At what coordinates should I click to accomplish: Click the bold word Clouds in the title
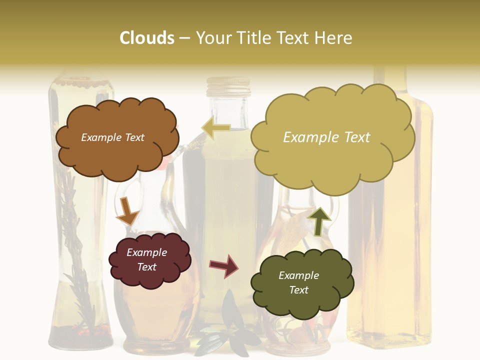coord(147,38)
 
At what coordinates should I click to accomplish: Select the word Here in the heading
coord(333,38)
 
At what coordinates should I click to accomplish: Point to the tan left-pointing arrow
coord(216,128)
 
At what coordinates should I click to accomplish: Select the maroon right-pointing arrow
coord(224,265)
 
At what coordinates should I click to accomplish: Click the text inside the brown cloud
coord(112,137)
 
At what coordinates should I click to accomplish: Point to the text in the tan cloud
coord(326,137)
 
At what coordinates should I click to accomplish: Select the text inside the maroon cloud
coord(147,260)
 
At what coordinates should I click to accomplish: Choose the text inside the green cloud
coord(298,282)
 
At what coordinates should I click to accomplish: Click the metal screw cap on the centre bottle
coord(228,86)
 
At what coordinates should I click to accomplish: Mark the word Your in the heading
coord(211,38)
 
